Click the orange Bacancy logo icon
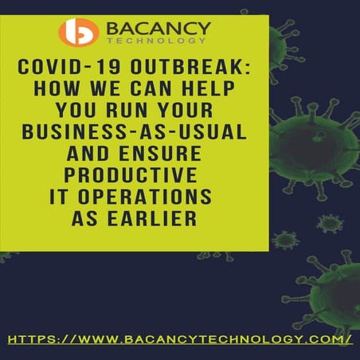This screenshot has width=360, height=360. coord(79,32)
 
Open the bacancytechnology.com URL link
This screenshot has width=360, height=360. coord(180,339)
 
